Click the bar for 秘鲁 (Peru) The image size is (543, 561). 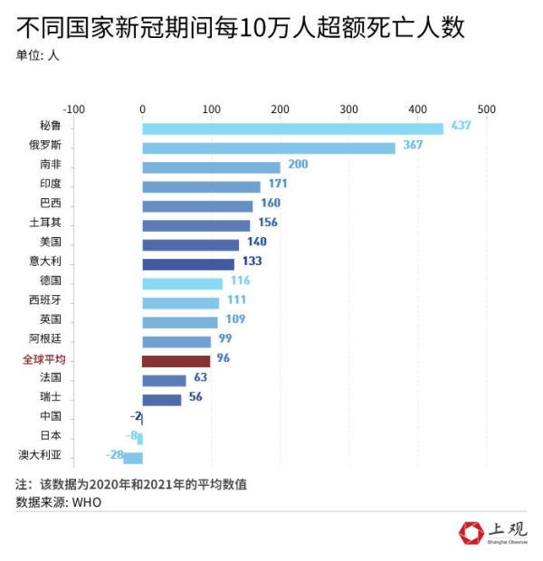coord(292,128)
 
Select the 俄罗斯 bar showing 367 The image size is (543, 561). coord(269,147)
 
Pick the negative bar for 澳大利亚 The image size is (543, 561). coord(133,457)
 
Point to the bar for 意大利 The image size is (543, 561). coord(187,264)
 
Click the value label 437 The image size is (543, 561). coord(461,126)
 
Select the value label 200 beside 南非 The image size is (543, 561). coord(298,165)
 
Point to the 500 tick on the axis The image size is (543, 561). coord(486,109)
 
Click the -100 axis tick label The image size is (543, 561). coord(74,109)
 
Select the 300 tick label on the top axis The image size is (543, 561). coord(348,109)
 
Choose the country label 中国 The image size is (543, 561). coord(50,416)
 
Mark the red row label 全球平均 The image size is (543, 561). coord(43,359)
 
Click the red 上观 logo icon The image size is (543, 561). coord(471,533)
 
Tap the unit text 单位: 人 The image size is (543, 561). coord(39,55)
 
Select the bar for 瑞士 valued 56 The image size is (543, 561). coord(162,399)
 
